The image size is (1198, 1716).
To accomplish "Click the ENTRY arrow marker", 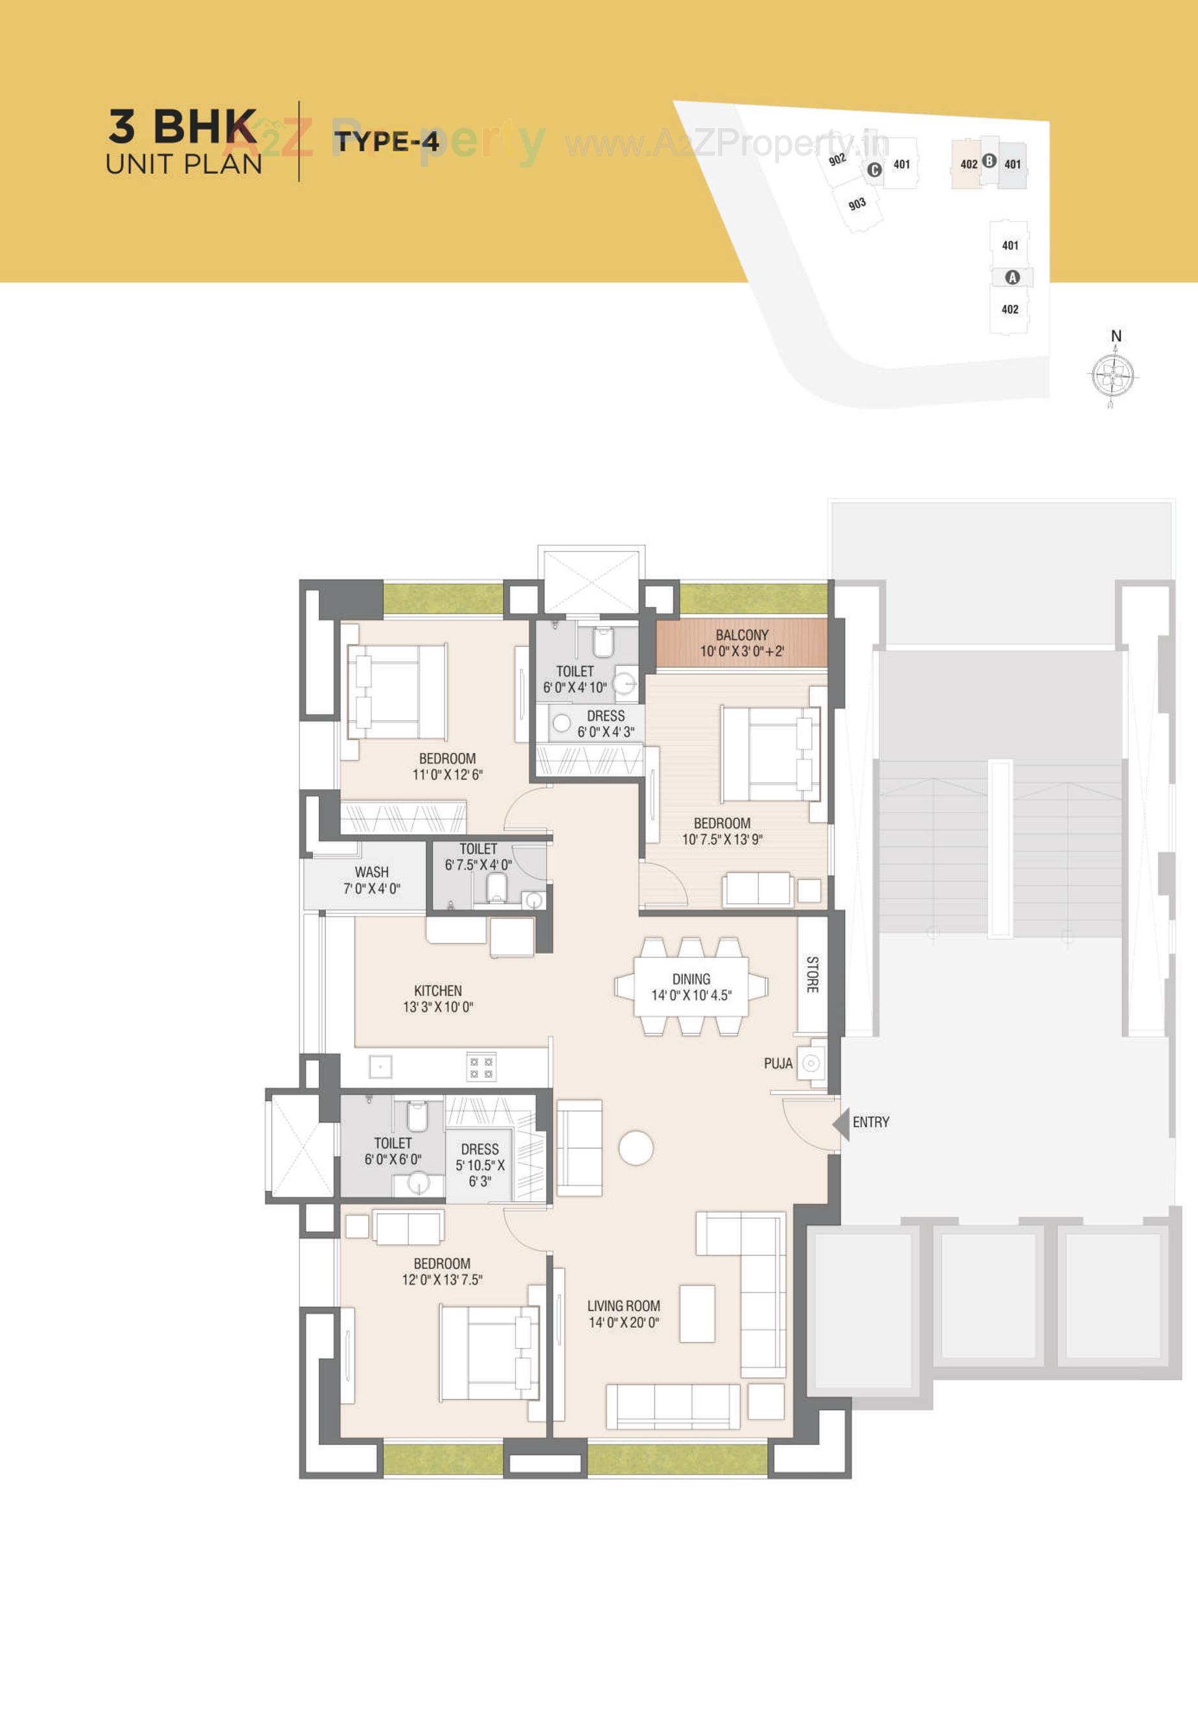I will point(842,1124).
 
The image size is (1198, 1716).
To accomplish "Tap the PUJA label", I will point(778,1063).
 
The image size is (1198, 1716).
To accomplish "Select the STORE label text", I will point(812,975).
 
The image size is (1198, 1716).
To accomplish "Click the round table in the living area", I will point(636,1148).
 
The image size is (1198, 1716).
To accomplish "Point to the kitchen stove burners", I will point(481,1067).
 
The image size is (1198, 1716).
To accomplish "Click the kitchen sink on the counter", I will point(380,1067).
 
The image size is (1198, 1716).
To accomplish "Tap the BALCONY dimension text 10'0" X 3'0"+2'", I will point(742,651).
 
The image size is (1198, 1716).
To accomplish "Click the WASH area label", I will point(372,872).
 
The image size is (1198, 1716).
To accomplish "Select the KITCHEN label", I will point(438,990).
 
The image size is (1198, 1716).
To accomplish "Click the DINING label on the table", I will point(691,979).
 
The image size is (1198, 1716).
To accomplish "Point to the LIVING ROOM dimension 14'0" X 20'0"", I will point(624,1322).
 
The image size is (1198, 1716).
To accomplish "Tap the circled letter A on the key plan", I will point(1013,277).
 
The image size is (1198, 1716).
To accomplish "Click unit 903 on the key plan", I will point(858,204).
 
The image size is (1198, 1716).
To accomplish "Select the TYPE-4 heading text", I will point(387,141).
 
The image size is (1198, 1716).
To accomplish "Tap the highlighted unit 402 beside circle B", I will point(969,164).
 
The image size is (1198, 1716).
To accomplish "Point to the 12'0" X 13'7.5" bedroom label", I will point(442,1280).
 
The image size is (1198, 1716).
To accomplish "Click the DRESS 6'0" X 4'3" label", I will point(606,724).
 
